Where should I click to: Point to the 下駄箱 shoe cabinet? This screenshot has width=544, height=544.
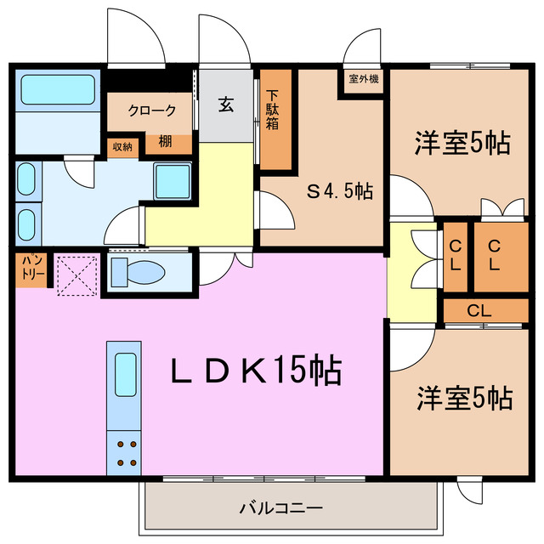(x=274, y=118)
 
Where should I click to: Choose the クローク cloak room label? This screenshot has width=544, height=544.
(x=152, y=110)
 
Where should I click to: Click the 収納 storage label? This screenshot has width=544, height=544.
(x=122, y=146)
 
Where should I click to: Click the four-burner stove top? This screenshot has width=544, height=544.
(x=124, y=452)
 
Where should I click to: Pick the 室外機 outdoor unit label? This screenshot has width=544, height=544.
(x=364, y=79)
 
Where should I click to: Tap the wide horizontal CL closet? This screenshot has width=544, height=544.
(x=479, y=311)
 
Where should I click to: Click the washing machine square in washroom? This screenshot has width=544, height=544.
(x=173, y=181)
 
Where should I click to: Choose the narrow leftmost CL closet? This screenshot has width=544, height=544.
(x=455, y=254)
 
